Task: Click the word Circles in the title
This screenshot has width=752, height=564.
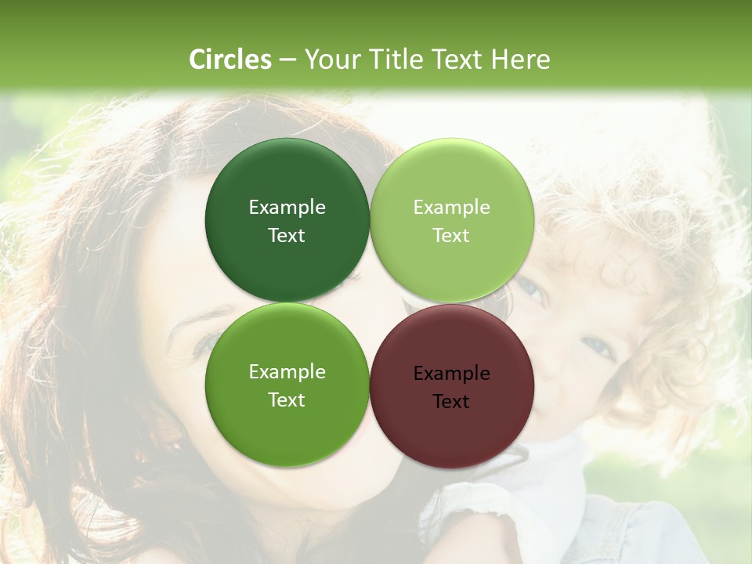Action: [x=230, y=60]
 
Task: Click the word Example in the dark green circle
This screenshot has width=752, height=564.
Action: [x=287, y=208]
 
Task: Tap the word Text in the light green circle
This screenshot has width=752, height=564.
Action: [x=451, y=236]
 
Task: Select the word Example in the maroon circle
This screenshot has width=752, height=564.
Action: [x=451, y=374]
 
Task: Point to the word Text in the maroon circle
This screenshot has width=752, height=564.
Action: [x=451, y=402]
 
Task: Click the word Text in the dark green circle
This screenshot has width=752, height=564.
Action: [x=287, y=236]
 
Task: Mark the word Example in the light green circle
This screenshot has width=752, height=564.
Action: [x=451, y=208]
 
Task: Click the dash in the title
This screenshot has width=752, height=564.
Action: [x=287, y=60]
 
